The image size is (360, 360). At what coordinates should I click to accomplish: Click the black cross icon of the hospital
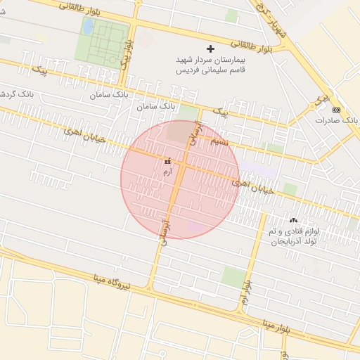[x=210, y=49]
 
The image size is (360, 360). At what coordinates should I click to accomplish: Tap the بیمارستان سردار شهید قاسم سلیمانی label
[x=210, y=65]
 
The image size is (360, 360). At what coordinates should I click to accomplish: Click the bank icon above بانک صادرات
[x=335, y=109]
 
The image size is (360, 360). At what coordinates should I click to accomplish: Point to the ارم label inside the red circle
[x=167, y=172]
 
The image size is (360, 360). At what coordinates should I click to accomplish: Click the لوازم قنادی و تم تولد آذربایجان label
[x=293, y=236]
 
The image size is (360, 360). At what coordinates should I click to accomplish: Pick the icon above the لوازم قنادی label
[x=293, y=221]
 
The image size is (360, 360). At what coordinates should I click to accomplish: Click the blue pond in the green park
[x=88, y=27]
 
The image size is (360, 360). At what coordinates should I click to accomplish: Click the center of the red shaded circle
[x=180, y=179]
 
